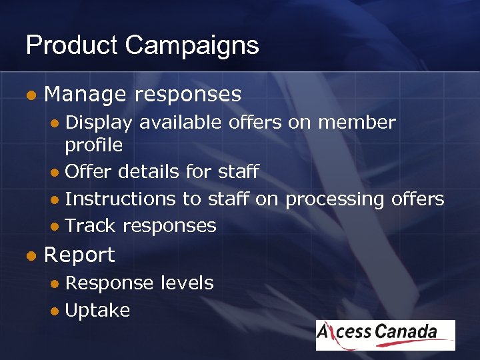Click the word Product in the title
coord(72,45)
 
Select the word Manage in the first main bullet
coord(85,95)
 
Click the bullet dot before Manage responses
coord(29,95)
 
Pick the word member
coord(357,123)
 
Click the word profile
coord(94,145)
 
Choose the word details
coord(151,171)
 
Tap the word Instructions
coord(120,199)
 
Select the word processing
coord(333,199)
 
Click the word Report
coord(79,255)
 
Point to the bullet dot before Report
coord(29,255)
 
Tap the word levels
coord(187,283)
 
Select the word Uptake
coord(97,310)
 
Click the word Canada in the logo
coord(406,332)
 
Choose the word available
coord(181,123)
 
